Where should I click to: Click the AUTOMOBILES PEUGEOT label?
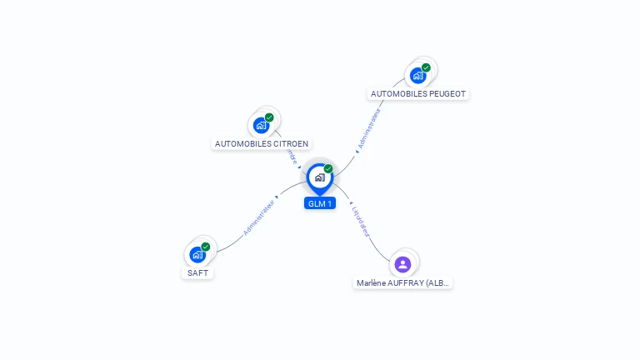pos(417,94)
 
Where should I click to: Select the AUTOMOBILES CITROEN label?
pos(262,143)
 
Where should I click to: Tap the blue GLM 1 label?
pos(320,203)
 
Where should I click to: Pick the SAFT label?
pos(197,272)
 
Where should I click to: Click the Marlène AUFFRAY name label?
pos(403,283)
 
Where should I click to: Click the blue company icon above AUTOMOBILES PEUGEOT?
pos(417,76)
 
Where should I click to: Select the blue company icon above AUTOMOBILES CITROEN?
pos(262,126)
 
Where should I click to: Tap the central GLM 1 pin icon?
pos(319,177)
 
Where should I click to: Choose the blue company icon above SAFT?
pos(197,254)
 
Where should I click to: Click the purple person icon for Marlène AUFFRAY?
pos(403,264)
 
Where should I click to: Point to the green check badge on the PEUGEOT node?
pos(426,67)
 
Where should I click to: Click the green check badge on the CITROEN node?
pos(269,117)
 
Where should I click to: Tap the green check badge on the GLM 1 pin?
pos(328,168)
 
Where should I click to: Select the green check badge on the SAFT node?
pos(205,247)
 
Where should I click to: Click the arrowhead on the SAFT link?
pos(277,197)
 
